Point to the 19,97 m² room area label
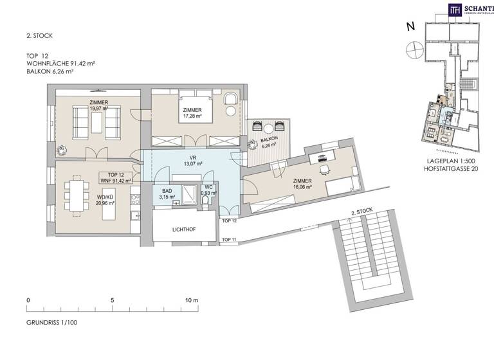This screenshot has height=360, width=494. coord(98,109)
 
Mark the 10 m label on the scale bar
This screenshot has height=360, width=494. coord(192,300)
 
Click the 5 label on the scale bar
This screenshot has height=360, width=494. coord(112,300)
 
